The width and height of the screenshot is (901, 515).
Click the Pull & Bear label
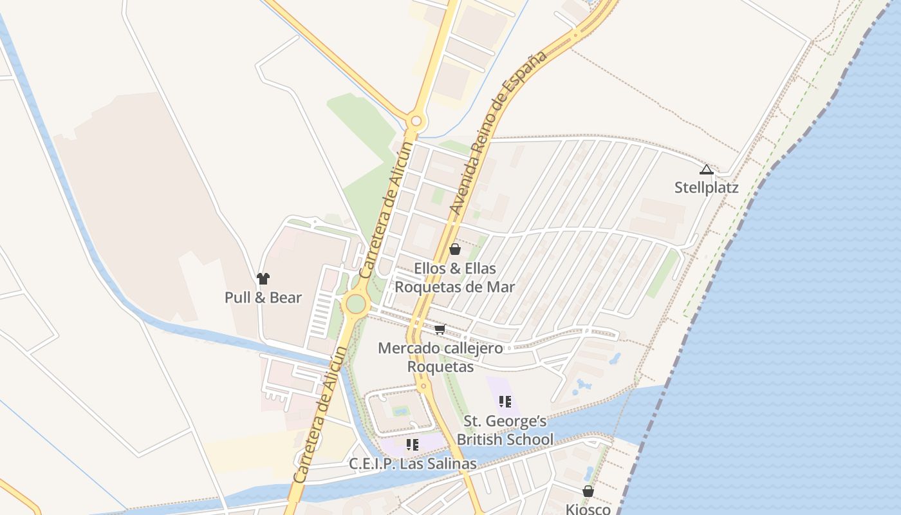point(263,297)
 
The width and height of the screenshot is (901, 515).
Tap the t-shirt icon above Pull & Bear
point(263,279)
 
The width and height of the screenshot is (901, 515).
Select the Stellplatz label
point(706,188)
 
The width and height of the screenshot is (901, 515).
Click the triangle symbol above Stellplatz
point(706,170)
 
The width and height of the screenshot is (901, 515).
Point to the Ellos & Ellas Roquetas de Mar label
point(455,277)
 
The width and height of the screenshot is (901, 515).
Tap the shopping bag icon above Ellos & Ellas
point(455,249)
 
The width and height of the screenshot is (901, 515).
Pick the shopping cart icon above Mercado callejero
point(440,330)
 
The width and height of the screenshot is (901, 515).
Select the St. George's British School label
point(505,430)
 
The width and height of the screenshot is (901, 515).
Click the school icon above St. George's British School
point(505,402)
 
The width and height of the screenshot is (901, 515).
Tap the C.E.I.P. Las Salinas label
point(413,464)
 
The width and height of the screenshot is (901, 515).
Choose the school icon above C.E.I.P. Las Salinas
point(413,445)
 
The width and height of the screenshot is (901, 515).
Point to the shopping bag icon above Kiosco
point(588,492)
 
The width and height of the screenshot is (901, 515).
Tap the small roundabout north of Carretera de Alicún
point(416,120)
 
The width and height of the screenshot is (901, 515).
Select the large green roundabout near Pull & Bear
point(356,304)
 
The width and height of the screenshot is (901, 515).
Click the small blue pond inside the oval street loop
point(400,410)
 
